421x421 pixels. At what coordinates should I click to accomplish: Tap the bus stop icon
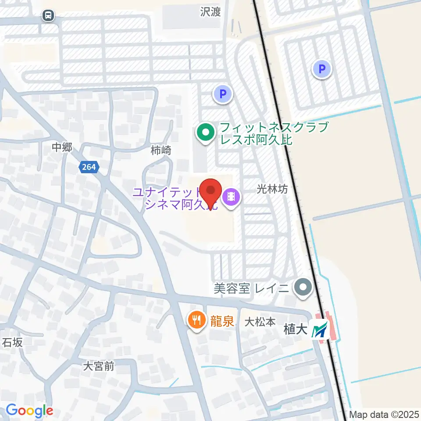coord(48,16)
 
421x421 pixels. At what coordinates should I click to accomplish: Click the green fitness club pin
coord(205,132)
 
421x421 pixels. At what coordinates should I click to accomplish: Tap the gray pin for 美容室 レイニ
coord(303,288)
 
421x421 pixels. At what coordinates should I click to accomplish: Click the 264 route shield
coord(89,167)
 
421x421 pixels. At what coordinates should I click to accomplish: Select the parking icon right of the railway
coord(322,69)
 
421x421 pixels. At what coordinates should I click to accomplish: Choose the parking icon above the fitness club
coord(222,93)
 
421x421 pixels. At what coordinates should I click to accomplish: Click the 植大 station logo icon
coord(319,329)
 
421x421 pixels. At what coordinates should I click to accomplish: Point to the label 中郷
coord(61,148)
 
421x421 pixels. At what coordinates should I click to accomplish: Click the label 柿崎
coord(161,150)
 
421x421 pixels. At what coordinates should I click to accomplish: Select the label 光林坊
coord(272,189)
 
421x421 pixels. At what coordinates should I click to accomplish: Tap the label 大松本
coord(260,322)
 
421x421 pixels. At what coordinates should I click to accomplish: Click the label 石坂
coord(12,342)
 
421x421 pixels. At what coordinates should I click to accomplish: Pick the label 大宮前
coord(99,366)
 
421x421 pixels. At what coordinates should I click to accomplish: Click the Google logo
coord(29,410)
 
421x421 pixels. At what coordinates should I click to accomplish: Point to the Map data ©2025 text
coord(384,414)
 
